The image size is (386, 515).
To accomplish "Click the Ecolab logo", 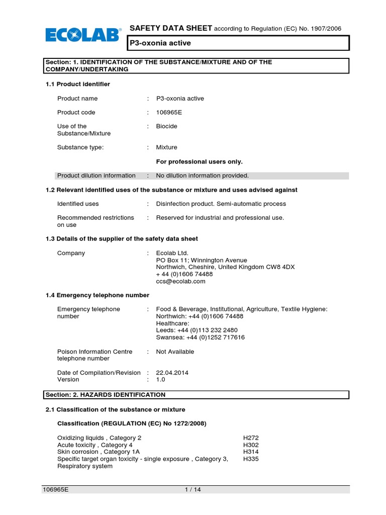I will [x=83, y=35].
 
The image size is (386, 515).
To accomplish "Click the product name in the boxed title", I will [x=160, y=43].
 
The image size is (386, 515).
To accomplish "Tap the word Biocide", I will [x=166, y=126].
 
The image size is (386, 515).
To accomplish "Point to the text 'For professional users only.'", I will [x=199, y=161].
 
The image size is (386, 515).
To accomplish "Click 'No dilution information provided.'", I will [x=202, y=176].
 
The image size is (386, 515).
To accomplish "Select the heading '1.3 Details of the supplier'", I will [x=122, y=238].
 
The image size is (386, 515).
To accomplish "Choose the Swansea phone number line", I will [x=200, y=337].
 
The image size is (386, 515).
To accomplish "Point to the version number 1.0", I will [x=161, y=380].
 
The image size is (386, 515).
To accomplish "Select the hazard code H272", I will [x=251, y=438].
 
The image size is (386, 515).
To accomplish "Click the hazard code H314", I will [x=251, y=452].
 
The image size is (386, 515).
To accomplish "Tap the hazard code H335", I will [x=251, y=459].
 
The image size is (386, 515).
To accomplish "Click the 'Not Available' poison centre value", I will [x=175, y=352].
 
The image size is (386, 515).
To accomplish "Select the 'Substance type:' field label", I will [x=80, y=147].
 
